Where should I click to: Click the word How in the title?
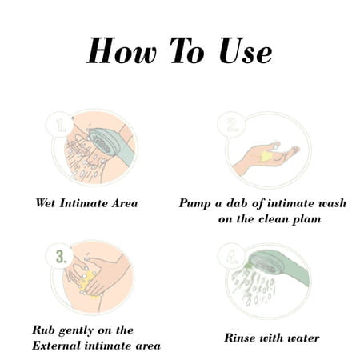pos(122,50)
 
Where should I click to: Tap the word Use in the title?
pos(246,50)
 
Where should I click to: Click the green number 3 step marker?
pos(61,257)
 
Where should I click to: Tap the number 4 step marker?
pos(232,258)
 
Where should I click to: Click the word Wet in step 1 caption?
pos(46,203)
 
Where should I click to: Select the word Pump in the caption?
pos(194,204)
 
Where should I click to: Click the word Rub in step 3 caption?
pos(43,330)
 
